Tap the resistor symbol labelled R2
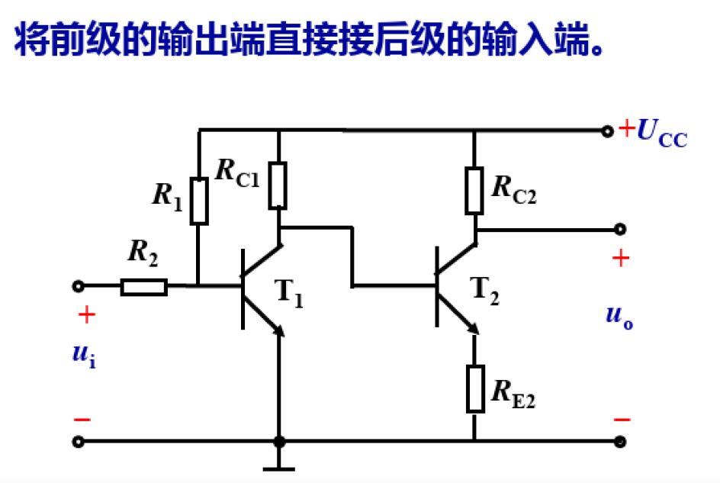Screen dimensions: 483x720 pyautogui.click(x=143, y=287)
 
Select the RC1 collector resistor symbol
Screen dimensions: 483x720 pyautogui.click(x=278, y=185)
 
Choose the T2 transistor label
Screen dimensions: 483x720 pyautogui.click(x=485, y=291)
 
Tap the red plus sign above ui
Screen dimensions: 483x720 pyautogui.click(x=87, y=314)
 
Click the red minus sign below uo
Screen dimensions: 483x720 pyautogui.click(x=622, y=420)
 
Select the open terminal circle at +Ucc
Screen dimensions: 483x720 pyautogui.click(x=607, y=131)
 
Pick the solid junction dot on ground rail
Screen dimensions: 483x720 pyautogui.click(x=279, y=441)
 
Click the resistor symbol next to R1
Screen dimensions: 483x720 pyautogui.click(x=198, y=201)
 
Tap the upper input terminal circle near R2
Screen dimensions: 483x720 pyautogui.click(x=78, y=286)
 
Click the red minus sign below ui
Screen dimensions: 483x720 pyautogui.click(x=82, y=420)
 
